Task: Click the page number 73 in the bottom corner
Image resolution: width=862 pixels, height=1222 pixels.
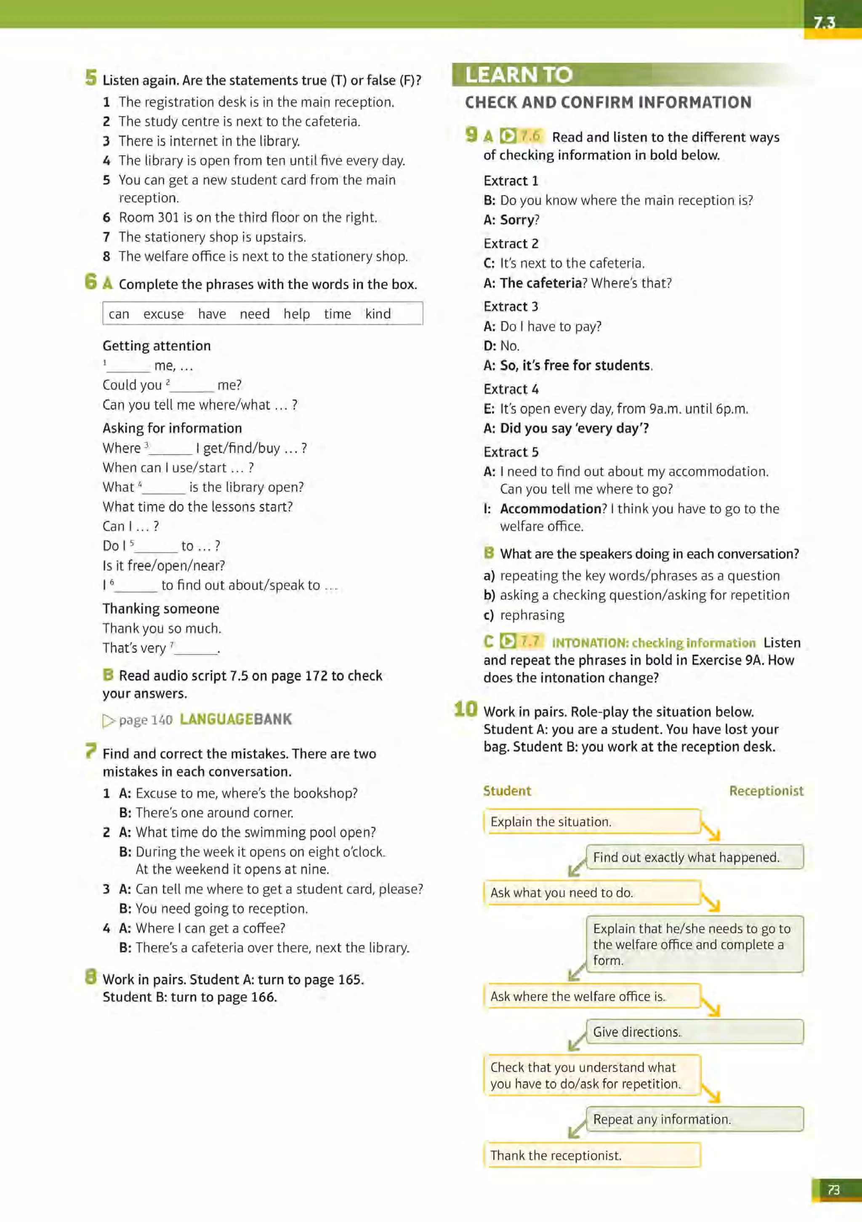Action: pos(833,1190)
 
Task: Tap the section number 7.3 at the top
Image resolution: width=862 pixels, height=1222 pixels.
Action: pos(824,23)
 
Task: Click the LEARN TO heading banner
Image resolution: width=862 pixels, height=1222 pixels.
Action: pos(519,74)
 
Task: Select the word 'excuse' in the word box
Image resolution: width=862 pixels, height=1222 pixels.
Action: pos(163,314)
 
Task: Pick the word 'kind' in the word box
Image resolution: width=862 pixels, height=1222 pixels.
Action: pos(378,314)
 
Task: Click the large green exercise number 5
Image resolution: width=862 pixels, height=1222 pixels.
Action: pos(91,78)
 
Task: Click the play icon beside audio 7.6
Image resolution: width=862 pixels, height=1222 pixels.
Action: pos(508,136)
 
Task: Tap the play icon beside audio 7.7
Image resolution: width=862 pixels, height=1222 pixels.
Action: pos(508,641)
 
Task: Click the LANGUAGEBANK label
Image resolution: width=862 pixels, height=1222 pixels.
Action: pos(236,720)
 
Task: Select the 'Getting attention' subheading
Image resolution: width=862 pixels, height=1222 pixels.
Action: pos(157,346)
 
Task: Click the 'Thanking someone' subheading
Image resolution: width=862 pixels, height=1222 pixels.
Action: pos(161,608)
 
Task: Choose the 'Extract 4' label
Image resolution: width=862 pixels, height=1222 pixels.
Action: pos(511,389)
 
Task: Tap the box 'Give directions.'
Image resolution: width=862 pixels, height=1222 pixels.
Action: pos(694,1031)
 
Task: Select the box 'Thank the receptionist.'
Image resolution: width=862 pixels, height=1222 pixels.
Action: pos(591,1156)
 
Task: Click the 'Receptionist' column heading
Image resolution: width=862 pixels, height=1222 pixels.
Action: pos(766,791)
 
